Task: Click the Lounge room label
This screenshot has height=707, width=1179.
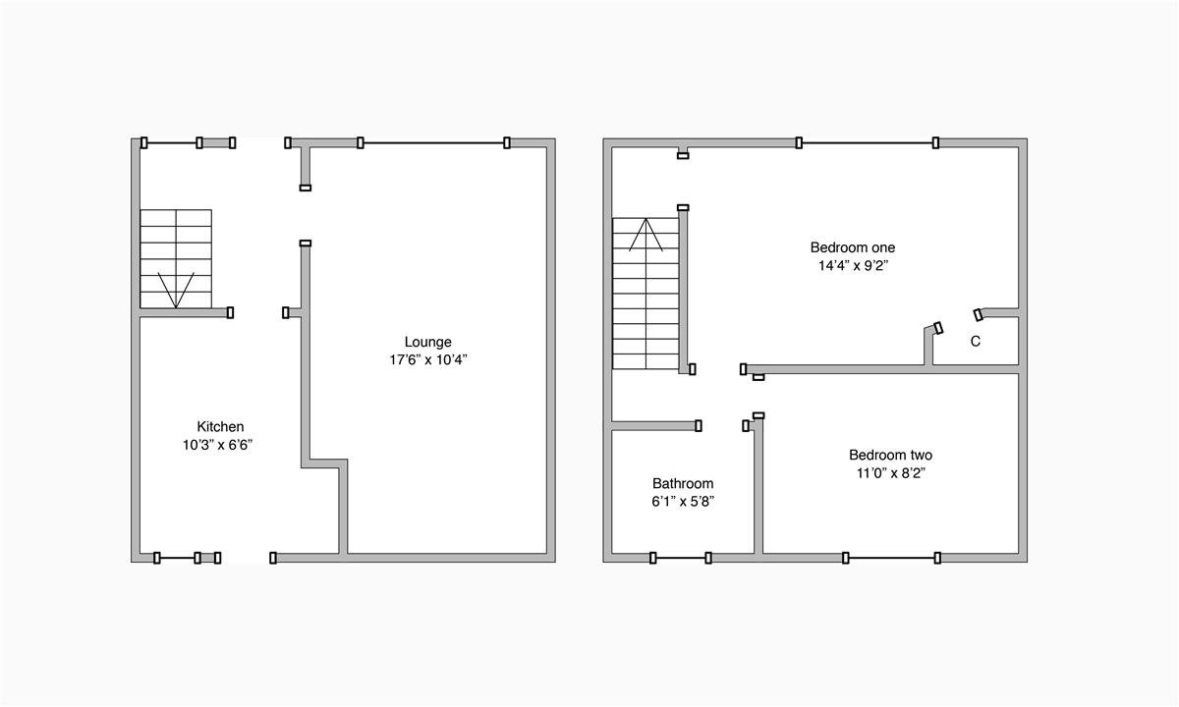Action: click(x=427, y=342)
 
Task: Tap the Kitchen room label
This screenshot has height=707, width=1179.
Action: click(x=220, y=426)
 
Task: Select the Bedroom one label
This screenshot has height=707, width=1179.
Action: click(x=852, y=247)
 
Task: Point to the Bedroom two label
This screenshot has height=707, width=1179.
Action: click(x=890, y=455)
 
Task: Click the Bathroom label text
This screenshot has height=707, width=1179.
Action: click(x=683, y=483)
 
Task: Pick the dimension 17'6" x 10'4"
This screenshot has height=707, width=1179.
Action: click(x=427, y=359)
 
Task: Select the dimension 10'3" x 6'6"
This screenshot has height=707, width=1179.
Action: click(x=220, y=444)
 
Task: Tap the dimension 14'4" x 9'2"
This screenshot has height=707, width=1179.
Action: click(x=852, y=265)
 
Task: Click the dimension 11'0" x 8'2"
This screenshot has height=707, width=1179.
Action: click(x=890, y=472)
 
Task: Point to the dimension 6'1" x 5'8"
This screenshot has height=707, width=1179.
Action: click(x=683, y=501)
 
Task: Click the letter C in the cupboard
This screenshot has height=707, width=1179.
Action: click(x=975, y=342)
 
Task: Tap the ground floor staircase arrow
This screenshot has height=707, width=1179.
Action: click(x=175, y=289)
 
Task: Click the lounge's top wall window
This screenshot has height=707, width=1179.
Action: click(x=433, y=142)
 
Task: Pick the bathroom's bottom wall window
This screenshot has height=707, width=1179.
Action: click(x=680, y=558)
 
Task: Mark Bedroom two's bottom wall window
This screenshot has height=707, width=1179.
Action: click(x=891, y=558)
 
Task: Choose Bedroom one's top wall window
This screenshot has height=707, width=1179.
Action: click(x=867, y=142)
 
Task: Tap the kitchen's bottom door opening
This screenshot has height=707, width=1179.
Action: click(x=245, y=558)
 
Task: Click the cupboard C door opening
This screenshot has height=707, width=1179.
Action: click(x=958, y=321)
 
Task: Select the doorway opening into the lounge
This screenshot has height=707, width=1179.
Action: click(x=305, y=215)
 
